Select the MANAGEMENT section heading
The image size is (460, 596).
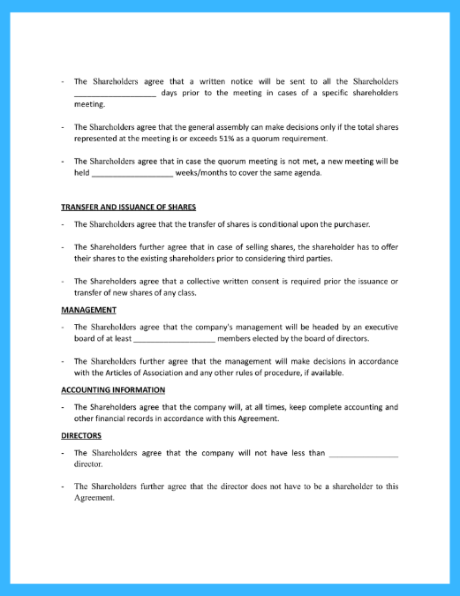[x=88, y=310]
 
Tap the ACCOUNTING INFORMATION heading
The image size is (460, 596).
[x=113, y=389]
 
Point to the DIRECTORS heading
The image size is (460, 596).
[x=81, y=435]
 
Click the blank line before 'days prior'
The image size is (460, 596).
[x=115, y=93]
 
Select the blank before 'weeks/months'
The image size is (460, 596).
[x=132, y=173]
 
